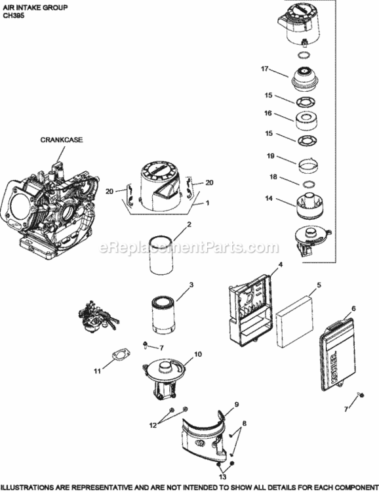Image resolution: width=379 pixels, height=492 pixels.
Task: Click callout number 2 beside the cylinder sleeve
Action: click(189, 225)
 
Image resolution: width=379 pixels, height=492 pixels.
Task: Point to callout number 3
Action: click(191, 285)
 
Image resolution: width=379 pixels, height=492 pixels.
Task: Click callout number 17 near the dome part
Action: click(266, 68)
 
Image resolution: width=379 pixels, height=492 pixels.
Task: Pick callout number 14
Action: click(269, 197)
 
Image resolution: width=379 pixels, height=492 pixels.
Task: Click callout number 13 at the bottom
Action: click(221, 472)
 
